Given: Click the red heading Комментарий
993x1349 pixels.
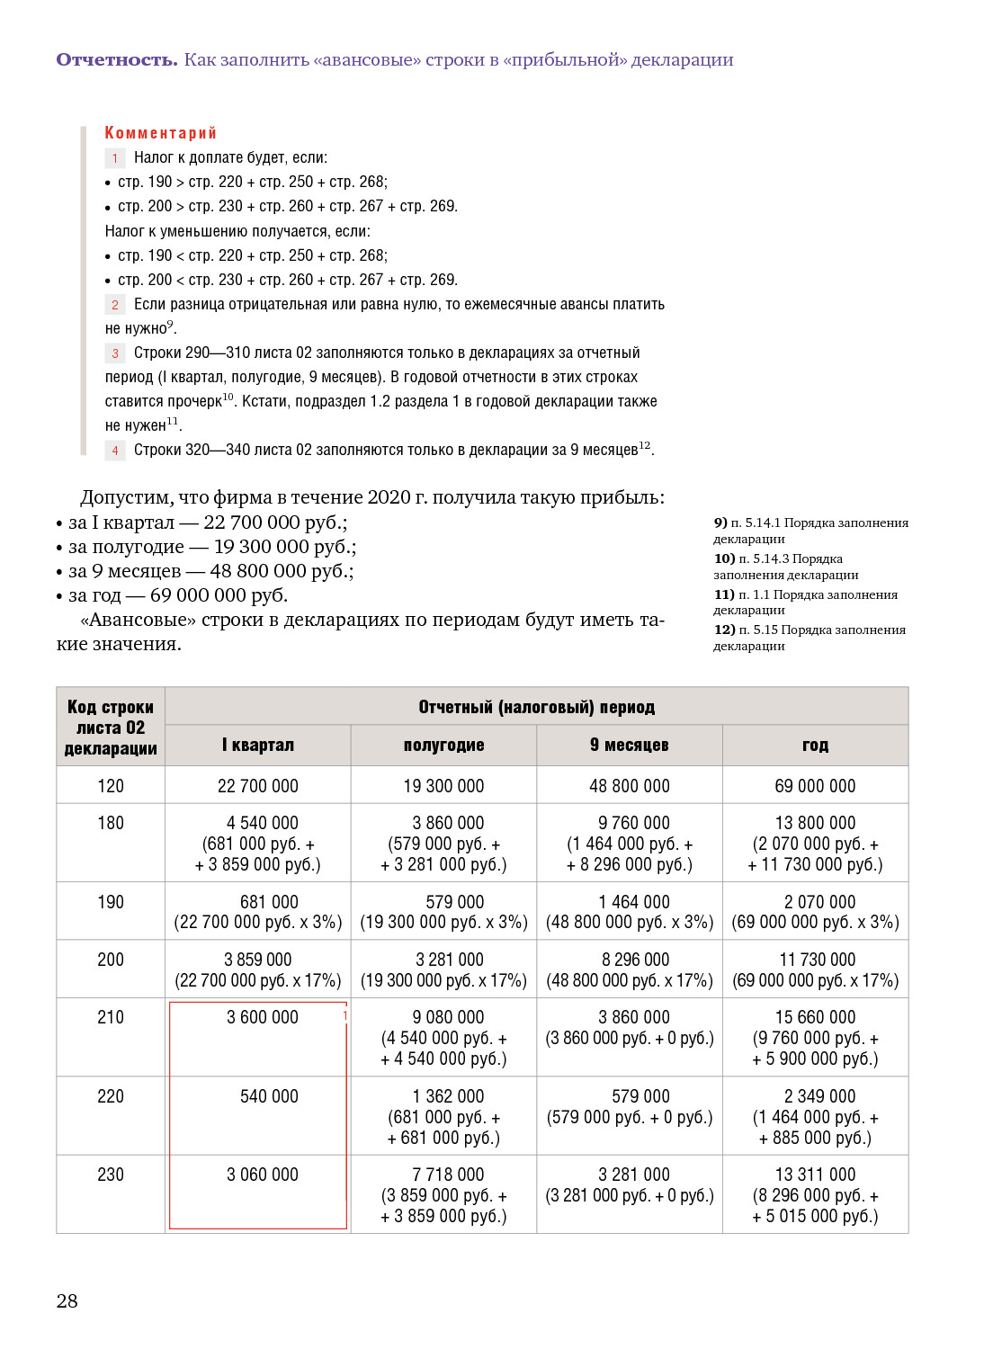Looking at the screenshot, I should [x=160, y=133].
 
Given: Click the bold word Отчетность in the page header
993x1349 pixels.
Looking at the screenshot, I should [x=117, y=60].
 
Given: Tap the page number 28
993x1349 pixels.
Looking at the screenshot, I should [x=67, y=1300].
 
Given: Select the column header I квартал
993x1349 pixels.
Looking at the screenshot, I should [x=258, y=745].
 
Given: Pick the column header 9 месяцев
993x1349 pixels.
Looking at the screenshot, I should [x=630, y=745].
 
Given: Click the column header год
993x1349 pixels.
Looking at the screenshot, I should [x=815, y=745].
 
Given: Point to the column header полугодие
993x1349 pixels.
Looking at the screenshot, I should [x=443, y=745].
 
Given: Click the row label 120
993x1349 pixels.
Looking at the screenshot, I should [x=111, y=786].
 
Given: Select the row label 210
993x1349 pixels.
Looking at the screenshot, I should [x=111, y=1017].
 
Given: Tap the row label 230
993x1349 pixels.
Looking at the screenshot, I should [x=111, y=1175].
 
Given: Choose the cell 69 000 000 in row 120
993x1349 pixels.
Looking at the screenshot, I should [x=815, y=786].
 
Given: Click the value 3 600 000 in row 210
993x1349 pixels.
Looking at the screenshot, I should [x=263, y=1017].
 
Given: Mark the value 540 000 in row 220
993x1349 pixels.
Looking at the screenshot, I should [x=269, y=1096].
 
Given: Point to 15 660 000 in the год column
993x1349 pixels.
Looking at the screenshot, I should [x=815, y=1017].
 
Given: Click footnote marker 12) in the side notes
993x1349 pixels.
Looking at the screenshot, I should [x=724, y=630].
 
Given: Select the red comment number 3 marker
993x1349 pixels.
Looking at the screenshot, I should [x=115, y=353].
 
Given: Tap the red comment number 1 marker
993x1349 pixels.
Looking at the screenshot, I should [x=115, y=158].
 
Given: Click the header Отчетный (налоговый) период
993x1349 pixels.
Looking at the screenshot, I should [x=536, y=707].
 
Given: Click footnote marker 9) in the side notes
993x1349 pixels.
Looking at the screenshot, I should [x=720, y=523].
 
